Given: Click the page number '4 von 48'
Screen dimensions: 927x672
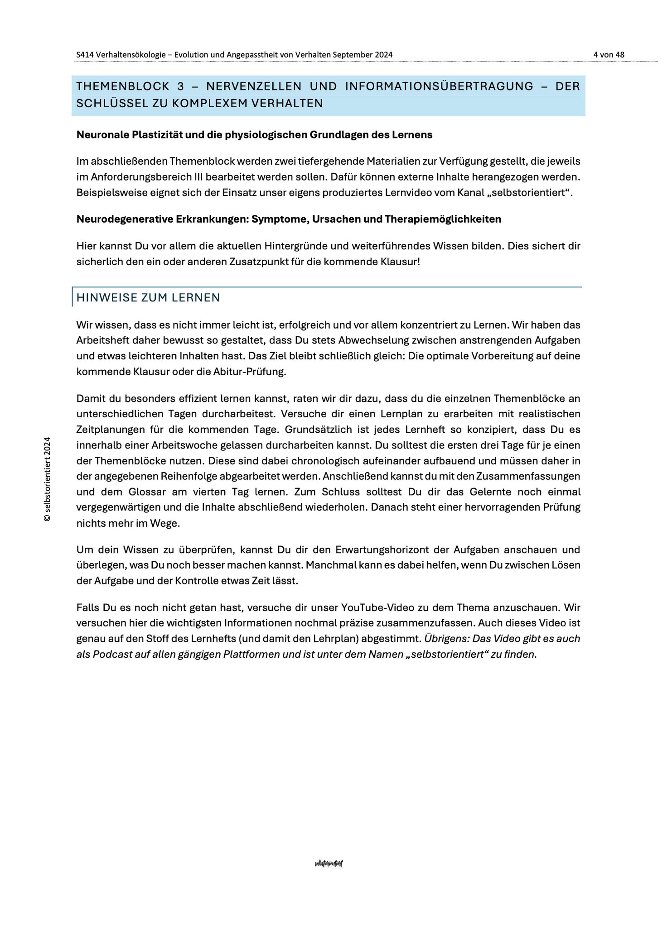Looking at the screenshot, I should pos(609,55).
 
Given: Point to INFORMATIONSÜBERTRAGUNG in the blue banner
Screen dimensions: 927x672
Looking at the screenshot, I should pos(439,86).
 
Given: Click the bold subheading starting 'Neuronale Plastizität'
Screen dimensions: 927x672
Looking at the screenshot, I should pos(254,135).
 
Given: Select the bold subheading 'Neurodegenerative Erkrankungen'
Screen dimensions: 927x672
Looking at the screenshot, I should pos(289,219).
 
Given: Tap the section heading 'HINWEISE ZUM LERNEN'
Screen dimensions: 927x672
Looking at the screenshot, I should pos(148,297).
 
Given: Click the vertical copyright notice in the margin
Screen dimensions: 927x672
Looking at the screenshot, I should pos(47,479).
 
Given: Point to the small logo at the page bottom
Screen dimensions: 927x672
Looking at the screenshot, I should pos(329,864).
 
